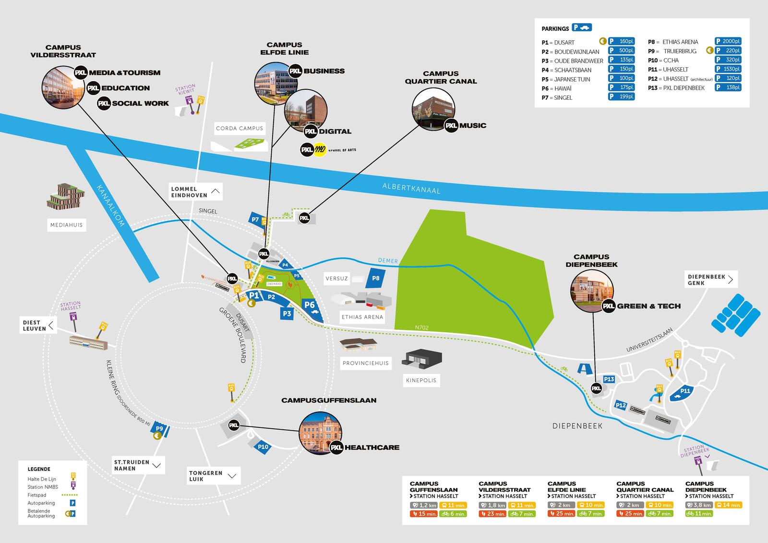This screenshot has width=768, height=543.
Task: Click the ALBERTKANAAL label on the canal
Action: pyautogui.click(x=411, y=188)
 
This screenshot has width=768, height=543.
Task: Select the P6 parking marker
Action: pyautogui.click(x=310, y=305)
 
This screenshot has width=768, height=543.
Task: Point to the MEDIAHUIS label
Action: pyautogui.click(x=67, y=225)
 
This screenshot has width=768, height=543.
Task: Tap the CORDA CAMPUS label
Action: pyautogui.click(x=240, y=128)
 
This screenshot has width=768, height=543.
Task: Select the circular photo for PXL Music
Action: pyautogui.click(x=433, y=109)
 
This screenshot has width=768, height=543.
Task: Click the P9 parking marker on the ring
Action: pyautogui.click(x=160, y=429)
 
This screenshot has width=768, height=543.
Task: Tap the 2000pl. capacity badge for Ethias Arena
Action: pyautogui.click(x=728, y=42)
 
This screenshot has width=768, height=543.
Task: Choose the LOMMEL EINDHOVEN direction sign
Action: pyautogui.click(x=196, y=192)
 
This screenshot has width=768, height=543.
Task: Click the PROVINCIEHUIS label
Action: pyautogui.click(x=365, y=363)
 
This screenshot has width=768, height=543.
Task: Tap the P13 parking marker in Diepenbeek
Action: pyautogui.click(x=609, y=379)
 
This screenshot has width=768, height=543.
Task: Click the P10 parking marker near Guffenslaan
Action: pyautogui.click(x=263, y=447)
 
